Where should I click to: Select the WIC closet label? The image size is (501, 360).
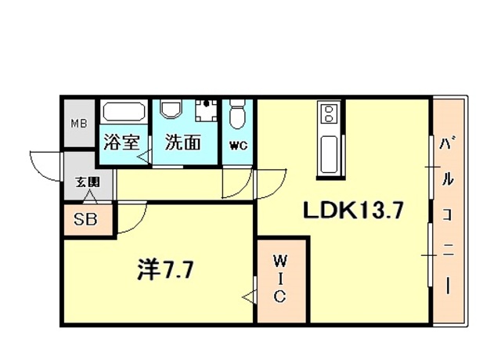coord(280,277)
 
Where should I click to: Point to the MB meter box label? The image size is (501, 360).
coord(80,124)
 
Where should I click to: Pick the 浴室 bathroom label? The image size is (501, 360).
coord(121,143)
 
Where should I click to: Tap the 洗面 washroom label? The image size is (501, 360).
coord(182,143)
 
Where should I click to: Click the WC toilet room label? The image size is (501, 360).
coord(238,145)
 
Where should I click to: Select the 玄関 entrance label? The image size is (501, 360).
coord(87,183)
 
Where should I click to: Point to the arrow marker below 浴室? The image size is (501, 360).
coord(143,158)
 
